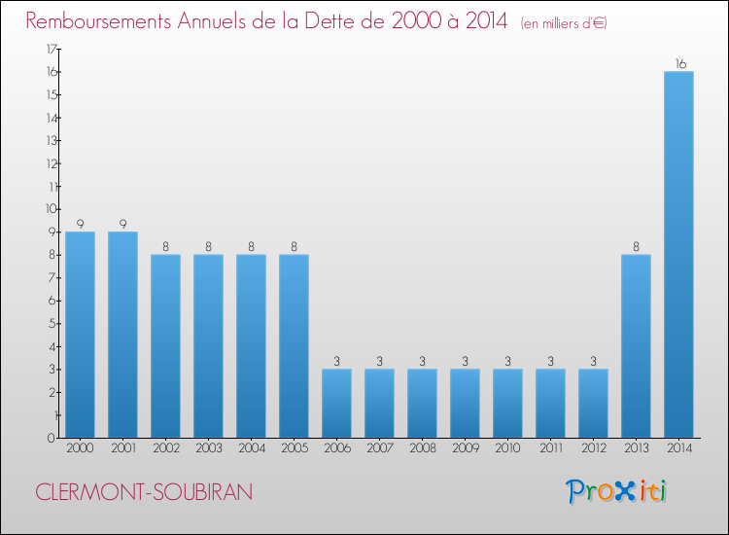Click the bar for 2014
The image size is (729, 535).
(x=678, y=255)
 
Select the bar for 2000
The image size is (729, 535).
(x=80, y=335)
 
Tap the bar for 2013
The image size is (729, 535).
(x=636, y=346)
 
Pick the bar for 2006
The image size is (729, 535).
(x=336, y=404)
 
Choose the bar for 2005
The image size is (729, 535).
(x=294, y=346)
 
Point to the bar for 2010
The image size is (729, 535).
(x=507, y=404)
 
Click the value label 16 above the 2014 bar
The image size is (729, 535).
(x=678, y=64)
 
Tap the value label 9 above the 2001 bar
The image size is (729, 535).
(x=122, y=224)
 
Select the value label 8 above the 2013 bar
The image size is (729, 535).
(x=636, y=247)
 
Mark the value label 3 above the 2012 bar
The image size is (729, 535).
(x=593, y=362)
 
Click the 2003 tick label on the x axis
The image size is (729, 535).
(x=208, y=447)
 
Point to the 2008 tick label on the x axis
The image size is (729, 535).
(x=422, y=447)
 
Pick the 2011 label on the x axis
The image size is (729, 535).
(x=550, y=447)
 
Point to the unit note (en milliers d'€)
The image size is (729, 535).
(x=564, y=22)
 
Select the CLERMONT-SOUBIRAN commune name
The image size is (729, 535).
(x=144, y=492)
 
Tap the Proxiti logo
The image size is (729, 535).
(x=617, y=491)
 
